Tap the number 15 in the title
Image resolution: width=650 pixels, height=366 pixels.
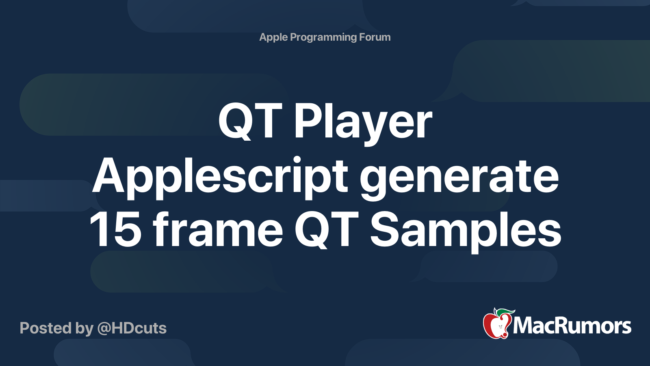tap(116, 229)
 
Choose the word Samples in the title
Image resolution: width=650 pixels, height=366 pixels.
tap(466, 232)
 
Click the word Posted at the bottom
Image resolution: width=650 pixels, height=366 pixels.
tap(45, 328)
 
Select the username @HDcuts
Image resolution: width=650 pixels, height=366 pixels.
tap(132, 329)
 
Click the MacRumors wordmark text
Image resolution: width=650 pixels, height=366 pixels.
tap(572, 326)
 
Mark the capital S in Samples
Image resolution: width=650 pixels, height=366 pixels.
tap(384, 229)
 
